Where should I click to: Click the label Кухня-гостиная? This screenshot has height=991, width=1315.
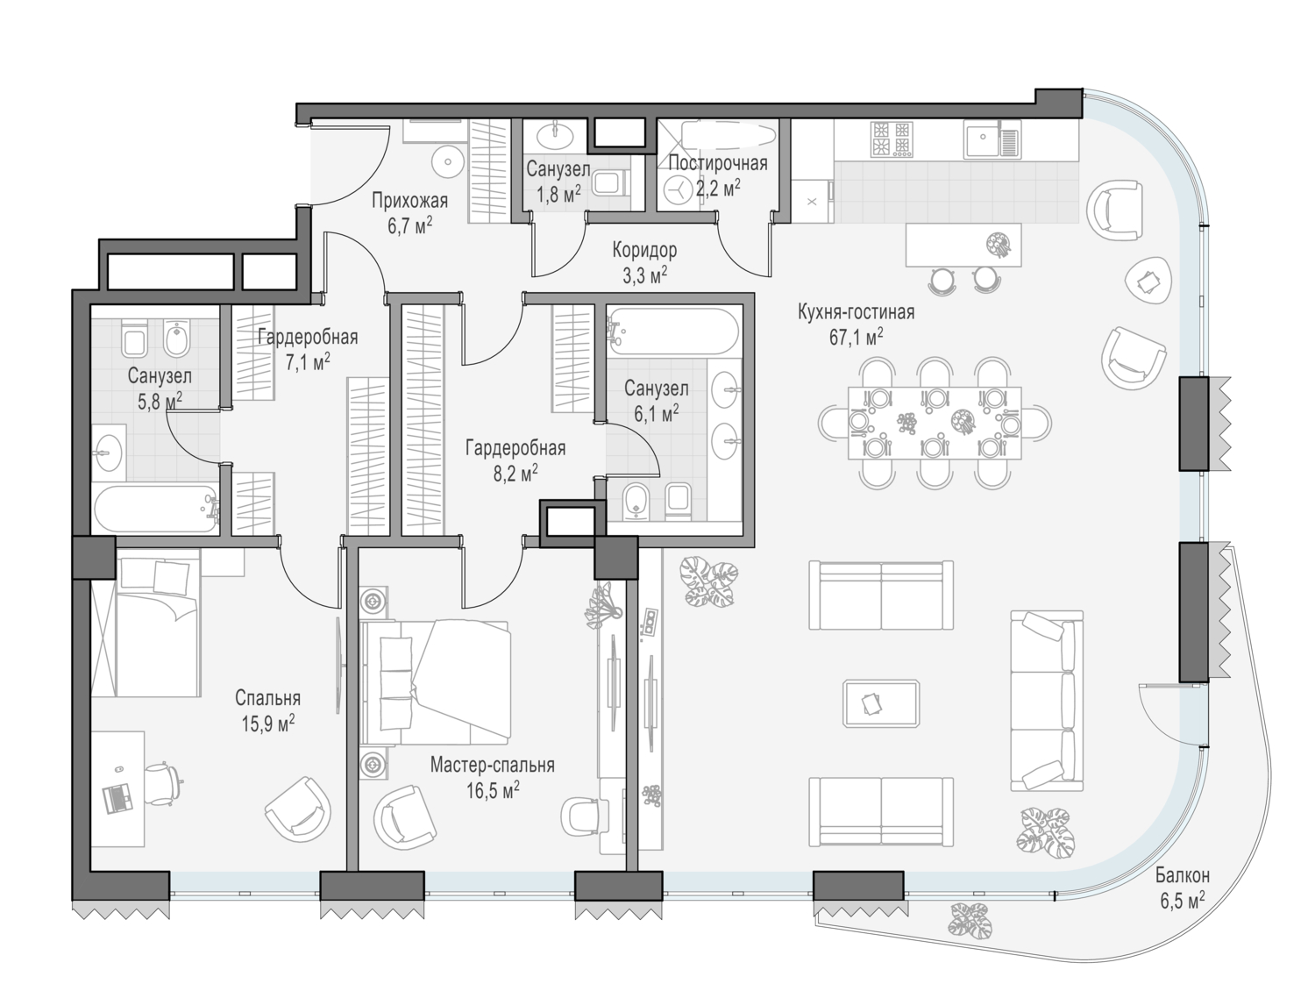pos(856,312)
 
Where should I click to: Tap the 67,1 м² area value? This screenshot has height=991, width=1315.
pos(856,338)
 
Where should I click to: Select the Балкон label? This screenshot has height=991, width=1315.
pos(1182,874)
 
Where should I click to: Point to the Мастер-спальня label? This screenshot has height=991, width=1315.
pos(492,765)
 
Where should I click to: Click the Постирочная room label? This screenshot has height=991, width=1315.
pos(717,163)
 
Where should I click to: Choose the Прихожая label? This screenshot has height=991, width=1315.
pos(409,201)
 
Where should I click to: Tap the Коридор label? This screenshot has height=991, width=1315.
pos(644,251)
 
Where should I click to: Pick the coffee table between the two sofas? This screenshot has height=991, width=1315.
pos(881,702)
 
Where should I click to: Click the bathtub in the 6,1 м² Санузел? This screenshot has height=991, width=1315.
pos(672,331)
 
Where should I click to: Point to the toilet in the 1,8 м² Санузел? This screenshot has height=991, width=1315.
pos(611,183)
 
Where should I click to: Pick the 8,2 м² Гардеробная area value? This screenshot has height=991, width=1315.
pos(515,474)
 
